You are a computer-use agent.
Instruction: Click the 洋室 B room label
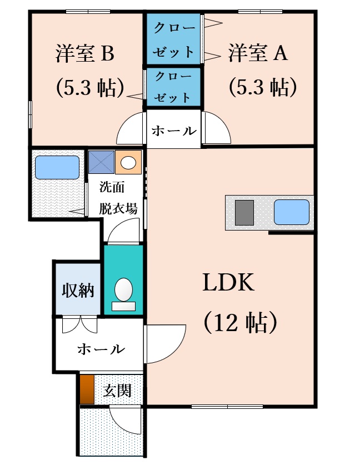point(85,53)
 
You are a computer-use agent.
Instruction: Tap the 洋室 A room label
point(258,53)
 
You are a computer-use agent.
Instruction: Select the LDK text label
point(228,282)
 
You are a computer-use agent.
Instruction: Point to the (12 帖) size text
point(240,322)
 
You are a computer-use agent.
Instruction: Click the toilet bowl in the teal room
point(124,290)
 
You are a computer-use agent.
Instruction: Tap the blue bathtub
point(57,168)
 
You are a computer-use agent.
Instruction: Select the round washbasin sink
point(128,163)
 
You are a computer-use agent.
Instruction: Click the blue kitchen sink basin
point(292,212)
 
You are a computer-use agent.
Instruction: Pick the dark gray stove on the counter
point(244,213)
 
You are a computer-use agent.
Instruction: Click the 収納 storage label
point(78,291)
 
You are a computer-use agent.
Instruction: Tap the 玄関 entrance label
point(117,391)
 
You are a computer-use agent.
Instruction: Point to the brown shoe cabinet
point(87,389)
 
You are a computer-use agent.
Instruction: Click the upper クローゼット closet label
point(174,39)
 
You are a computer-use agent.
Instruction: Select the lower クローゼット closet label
point(173,87)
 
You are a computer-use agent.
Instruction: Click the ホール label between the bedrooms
point(174,131)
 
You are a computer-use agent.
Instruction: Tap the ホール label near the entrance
point(101,349)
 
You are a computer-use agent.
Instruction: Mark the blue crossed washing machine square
point(101,162)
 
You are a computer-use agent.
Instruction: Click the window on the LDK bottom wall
point(227,407)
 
